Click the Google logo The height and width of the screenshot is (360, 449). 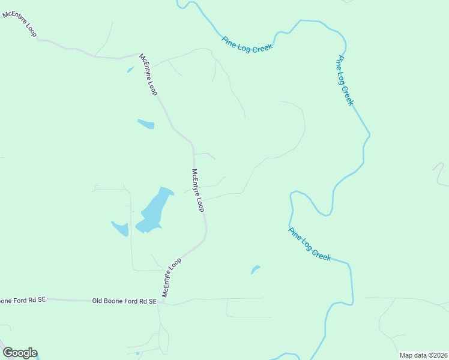20,353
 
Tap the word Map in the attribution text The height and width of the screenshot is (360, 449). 407,355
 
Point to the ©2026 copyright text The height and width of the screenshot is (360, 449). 436,355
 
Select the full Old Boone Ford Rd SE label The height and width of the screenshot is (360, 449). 124,301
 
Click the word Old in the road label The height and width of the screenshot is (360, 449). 98,301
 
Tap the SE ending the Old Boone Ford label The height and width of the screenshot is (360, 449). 152,301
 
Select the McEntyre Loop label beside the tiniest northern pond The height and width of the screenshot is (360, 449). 148,75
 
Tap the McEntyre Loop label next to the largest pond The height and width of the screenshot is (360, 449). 198,190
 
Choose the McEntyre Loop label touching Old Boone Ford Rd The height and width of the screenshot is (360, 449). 172,277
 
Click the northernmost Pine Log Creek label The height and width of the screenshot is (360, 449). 247,44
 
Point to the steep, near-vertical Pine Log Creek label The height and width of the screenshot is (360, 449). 345,80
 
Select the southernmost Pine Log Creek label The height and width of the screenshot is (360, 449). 310,244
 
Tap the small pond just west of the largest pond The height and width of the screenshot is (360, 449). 121,229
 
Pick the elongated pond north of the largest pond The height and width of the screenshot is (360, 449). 146,124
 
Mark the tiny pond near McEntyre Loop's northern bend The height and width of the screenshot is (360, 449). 130,70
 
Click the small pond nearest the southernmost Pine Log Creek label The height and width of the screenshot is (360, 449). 255,270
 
